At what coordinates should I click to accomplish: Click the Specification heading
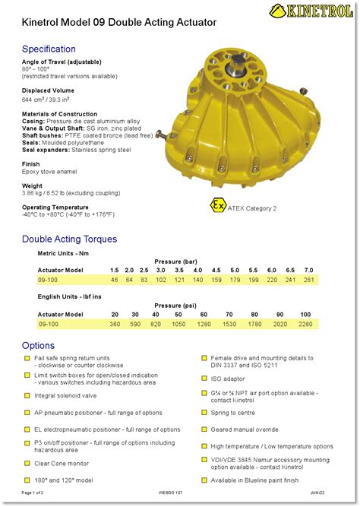[x=49, y=49]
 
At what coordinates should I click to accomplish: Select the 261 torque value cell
[x=308, y=280]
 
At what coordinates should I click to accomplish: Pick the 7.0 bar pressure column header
[x=308, y=270]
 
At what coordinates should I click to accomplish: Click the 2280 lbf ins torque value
[x=305, y=325]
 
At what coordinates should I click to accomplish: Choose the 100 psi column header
[x=305, y=314]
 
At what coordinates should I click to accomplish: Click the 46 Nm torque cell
[x=115, y=280]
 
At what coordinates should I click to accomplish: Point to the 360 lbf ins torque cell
[x=115, y=325]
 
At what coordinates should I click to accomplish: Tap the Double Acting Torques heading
[x=69, y=239]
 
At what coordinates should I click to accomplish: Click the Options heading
[x=39, y=346]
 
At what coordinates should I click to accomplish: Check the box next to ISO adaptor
[x=204, y=378]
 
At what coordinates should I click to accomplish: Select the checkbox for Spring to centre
[x=204, y=412]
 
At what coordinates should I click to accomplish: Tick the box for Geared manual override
[x=204, y=429]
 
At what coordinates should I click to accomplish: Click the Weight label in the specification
[x=33, y=185]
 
